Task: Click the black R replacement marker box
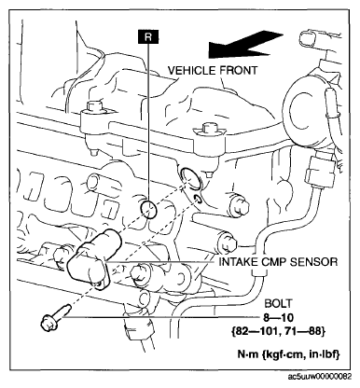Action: [148, 37]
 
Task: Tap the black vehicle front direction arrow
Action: [244, 45]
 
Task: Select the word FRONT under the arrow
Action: [239, 71]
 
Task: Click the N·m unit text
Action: [248, 354]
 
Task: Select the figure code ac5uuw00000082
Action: [320, 376]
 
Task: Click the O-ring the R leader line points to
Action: [148, 210]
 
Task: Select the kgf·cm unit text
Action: [283, 354]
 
